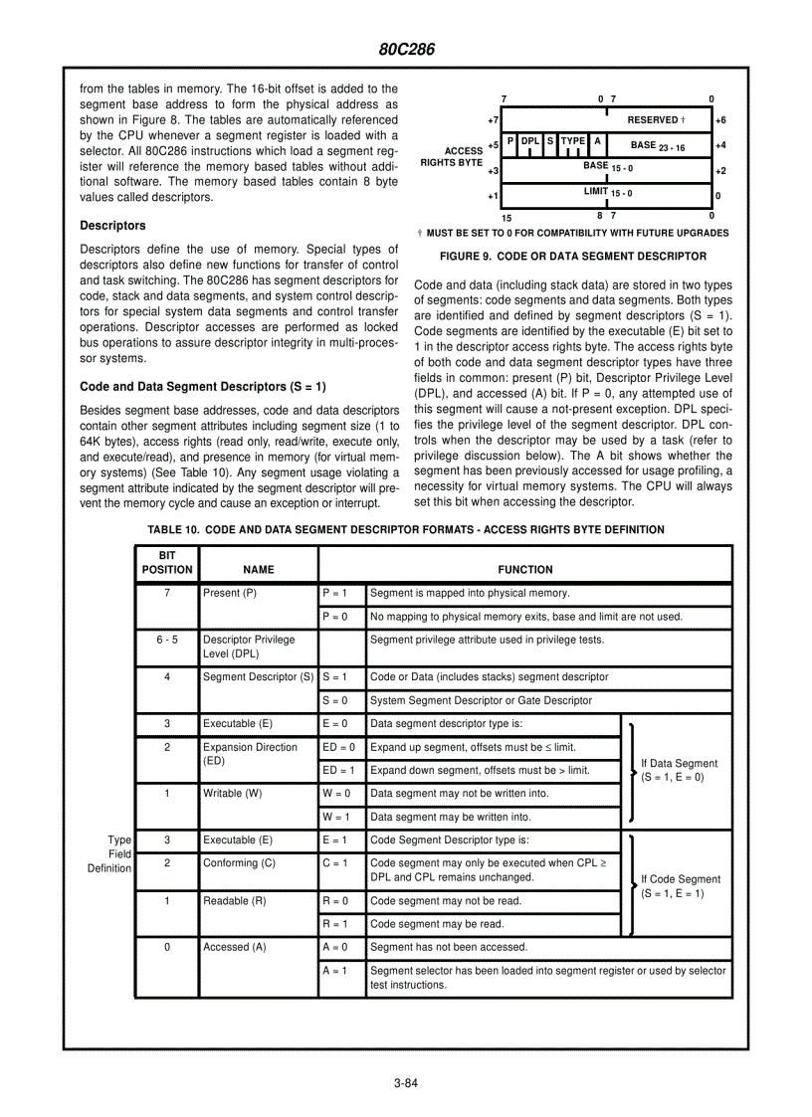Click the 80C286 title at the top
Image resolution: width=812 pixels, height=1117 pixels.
[406, 49]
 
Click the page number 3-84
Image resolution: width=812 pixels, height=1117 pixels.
[405, 1083]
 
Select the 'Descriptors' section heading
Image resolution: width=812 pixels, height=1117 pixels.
[112, 226]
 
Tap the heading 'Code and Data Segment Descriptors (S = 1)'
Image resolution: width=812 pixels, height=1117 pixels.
[202, 386]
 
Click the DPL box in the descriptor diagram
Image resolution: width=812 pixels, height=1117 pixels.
[530, 142]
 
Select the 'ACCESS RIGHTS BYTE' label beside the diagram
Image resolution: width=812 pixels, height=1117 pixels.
[451, 156]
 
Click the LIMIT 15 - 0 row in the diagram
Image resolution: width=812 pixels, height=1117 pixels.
[607, 192]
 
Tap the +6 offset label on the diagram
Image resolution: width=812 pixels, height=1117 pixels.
[720, 120]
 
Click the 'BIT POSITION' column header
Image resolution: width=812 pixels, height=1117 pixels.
[166, 563]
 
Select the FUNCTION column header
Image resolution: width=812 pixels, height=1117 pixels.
[524, 570]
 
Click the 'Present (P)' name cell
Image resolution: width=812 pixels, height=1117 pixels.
[230, 594]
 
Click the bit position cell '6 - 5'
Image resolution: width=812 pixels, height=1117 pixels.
[166, 640]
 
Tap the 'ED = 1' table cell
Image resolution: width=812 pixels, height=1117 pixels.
[338, 770]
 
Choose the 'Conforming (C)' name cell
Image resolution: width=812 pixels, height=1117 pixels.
[239, 863]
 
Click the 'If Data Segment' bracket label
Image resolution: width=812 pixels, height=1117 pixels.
[679, 770]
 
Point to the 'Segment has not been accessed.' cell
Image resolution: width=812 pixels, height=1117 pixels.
[449, 947]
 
